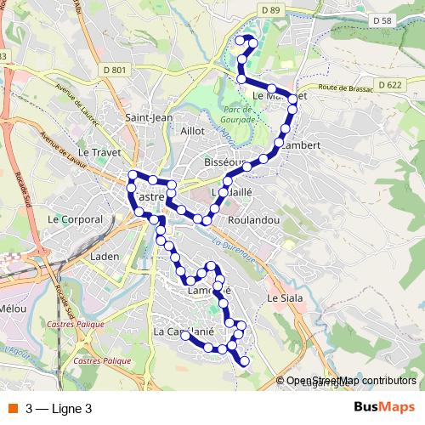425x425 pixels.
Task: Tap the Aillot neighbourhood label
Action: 193,132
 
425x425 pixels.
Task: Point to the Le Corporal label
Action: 75,218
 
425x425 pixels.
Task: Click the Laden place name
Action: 105,255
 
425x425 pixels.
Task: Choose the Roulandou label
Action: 253,218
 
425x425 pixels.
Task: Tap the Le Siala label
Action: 284,299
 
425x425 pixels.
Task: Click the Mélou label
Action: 14,308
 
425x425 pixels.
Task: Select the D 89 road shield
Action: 271,9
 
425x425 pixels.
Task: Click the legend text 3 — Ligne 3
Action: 59,408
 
